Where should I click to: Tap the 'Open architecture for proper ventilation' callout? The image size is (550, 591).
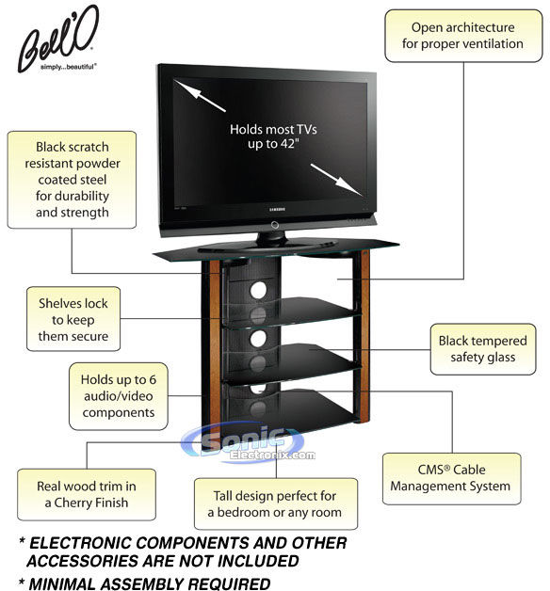[x=463, y=36]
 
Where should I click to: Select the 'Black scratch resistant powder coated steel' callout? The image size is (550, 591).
[x=72, y=180]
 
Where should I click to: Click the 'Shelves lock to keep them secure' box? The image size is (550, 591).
[x=73, y=319]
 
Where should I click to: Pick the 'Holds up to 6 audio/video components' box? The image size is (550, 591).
[x=119, y=396]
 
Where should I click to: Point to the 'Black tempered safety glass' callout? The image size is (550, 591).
[x=483, y=349]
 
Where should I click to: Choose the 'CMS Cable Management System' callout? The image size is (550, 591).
[x=451, y=478]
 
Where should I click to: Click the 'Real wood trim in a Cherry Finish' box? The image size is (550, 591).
[x=87, y=494]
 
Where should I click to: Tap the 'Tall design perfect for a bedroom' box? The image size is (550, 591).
[x=276, y=503]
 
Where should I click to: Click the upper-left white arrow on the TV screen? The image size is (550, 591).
[x=200, y=96]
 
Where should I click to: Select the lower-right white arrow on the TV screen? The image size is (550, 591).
[x=336, y=179]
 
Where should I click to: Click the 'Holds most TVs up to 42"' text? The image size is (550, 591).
[x=273, y=136]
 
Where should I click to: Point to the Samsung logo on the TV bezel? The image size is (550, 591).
[x=277, y=209]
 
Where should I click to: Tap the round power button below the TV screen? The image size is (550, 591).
[x=275, y=225]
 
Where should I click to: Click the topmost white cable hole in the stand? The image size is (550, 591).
[x=258, y=290]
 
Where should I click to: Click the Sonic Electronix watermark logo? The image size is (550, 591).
[x=248, y=442]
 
